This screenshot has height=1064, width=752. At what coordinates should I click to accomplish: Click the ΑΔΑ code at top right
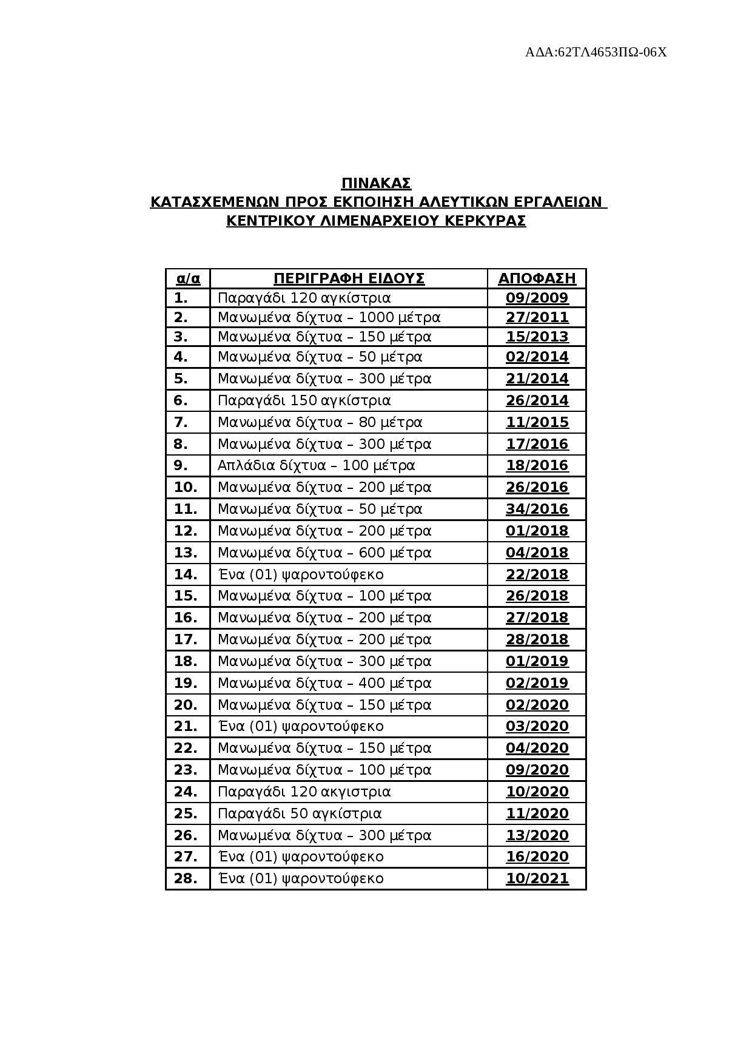tap(596, 52)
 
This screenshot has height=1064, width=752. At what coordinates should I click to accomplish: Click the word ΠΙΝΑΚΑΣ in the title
tap(376, 183)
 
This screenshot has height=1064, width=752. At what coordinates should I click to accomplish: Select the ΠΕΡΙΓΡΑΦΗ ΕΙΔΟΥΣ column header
tap(349, 278)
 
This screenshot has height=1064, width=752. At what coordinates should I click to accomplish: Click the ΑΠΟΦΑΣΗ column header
tap(537, 278)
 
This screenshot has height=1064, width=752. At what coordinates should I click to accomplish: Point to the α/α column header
tap(188, 278)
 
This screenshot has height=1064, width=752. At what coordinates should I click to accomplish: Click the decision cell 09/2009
tap(537, 298)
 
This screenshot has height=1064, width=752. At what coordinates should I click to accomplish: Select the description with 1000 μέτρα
tap(329, 317)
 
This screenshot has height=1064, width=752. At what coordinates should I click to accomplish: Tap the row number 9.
tap(181, 465)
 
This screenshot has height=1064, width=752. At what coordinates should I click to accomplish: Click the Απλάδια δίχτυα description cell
tap(316, 465)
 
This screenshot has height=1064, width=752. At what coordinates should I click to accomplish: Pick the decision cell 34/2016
tap(537, 509)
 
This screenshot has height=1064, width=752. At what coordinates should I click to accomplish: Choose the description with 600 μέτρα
tap(324, 553)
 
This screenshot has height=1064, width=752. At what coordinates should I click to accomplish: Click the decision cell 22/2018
tap(537, 574)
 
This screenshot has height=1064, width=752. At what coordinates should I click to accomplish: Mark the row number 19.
tap(186, 683)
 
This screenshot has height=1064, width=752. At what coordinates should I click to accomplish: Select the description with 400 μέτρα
tap(324, 683)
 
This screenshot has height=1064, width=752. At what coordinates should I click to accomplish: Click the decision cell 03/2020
tap(537, 726)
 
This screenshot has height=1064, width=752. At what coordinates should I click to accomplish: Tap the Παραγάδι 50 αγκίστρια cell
tap(300, 813)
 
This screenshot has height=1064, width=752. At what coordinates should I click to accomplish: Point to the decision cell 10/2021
tap(537, 878)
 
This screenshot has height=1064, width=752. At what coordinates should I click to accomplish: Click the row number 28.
tap(186, 878)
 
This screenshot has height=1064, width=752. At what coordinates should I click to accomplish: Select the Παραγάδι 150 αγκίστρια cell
tap(304, 400)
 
